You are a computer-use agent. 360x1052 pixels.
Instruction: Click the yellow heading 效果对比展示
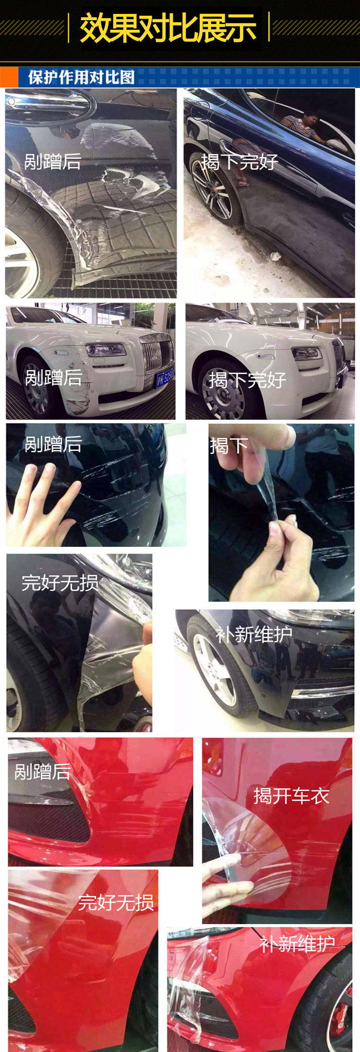(x=168, y=27)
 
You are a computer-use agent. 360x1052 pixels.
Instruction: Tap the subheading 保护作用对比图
(x=81, y=77)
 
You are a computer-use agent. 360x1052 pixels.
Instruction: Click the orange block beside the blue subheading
(x=9, y=77)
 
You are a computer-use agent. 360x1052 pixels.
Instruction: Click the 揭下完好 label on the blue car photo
(x=240, y=162)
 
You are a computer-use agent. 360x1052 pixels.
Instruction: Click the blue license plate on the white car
(x=165, y=377)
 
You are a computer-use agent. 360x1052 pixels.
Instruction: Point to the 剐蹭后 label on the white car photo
(x=53, y=377)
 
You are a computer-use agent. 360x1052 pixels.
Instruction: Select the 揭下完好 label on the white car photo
(x=248, y=380)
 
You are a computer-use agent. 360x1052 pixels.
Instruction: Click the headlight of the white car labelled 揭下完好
(x=307, y=354)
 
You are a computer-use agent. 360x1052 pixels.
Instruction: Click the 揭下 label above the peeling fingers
(x=228, y=446)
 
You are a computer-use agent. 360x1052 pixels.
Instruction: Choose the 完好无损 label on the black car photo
(x=60, y=583)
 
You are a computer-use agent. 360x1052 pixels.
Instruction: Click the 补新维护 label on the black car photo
(x=254, y=634)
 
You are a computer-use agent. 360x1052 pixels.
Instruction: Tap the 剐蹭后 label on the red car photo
(x=43, y=772)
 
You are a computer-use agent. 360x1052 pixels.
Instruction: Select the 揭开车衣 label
(x=291, y=796)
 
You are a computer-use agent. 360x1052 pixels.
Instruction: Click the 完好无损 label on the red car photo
(x=116, y=903)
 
